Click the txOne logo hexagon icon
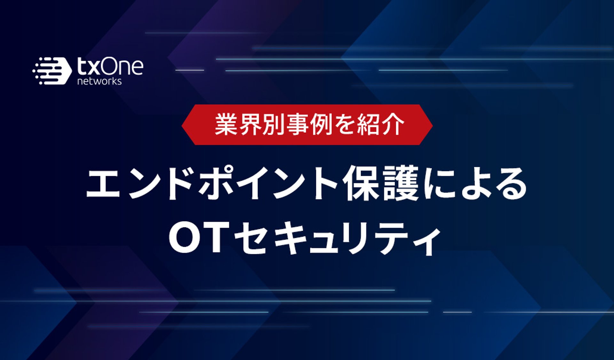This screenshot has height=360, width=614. click(52, 71)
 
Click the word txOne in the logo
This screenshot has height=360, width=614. click(110, 67)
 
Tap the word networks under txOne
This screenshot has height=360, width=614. click(99, 81)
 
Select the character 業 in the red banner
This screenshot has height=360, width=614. click(226, 124)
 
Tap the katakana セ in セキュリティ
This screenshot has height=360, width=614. click(251, 239)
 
